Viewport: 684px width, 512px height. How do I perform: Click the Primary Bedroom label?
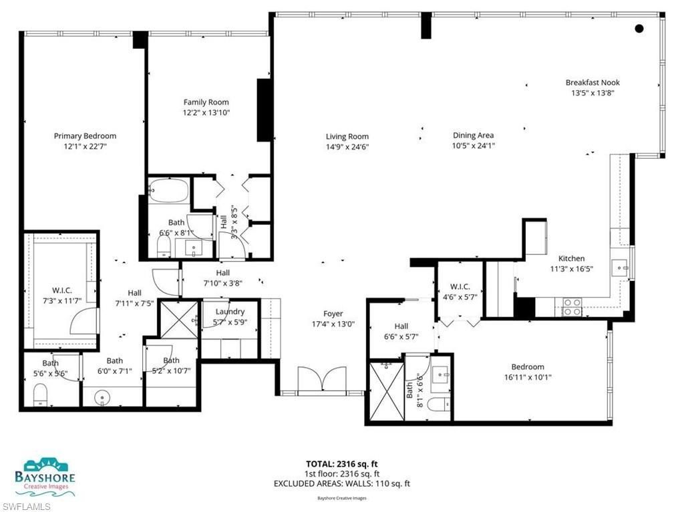pos(85,136)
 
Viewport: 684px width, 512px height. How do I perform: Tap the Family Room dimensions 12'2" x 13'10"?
pos(206,113)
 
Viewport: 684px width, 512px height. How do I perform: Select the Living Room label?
pos(347,136)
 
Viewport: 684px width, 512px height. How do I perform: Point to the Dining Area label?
pos(473,136)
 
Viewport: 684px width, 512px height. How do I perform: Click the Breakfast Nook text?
pos(592,83)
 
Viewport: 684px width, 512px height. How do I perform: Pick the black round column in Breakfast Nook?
pos(639,28)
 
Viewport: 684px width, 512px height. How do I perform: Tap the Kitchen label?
pos(571,258)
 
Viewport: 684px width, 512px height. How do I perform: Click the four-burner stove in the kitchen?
pos(572,306)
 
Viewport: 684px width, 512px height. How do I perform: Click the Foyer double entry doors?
pos(323,381)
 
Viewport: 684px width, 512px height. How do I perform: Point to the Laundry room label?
pos(230,311)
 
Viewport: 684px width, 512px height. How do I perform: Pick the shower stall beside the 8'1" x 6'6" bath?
pos(385,391)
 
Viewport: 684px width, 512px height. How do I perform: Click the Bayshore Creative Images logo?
pos(45,477)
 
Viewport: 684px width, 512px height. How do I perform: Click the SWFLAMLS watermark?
pos(26,506)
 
